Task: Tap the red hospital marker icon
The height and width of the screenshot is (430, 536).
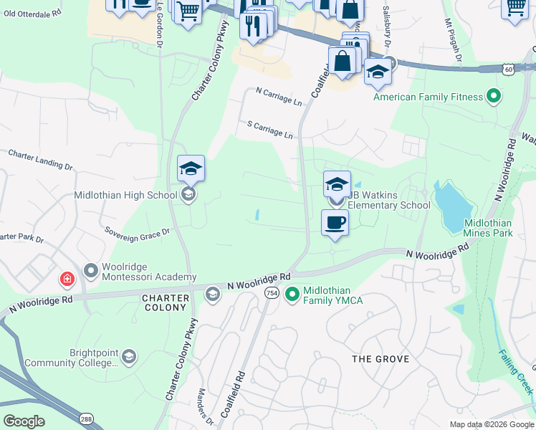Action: tap(66, 277)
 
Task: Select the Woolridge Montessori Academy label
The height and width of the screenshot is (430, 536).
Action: tap(148, 272)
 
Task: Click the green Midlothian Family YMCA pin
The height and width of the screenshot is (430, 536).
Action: tap(292, 294)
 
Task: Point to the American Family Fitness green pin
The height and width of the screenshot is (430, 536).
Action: tap(493, 95)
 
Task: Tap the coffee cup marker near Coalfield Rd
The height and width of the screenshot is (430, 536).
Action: tap(335, 223)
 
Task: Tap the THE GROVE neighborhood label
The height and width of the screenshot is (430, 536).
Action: tap(381, 358)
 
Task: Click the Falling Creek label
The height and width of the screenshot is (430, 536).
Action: tap(515, 373)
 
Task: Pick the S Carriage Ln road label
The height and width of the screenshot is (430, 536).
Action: tap(269, 130)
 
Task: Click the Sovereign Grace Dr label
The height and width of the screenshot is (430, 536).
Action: tap(136, 231)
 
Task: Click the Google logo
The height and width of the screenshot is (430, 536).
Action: tap(24, 421)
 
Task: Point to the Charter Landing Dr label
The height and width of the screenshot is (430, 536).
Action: tap(40, 159)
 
